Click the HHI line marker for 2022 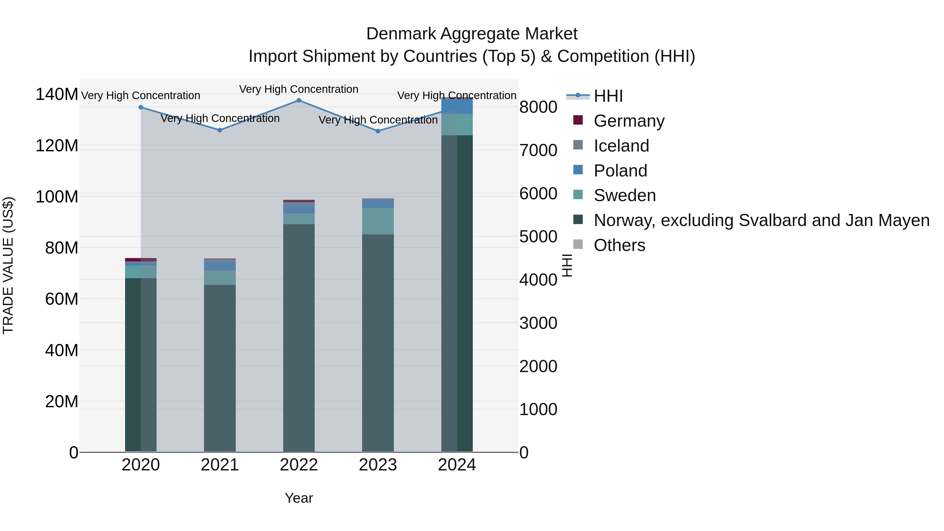[x=299, y=100]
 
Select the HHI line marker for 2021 [x=220, y=130]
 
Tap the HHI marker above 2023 [x=378, y=131]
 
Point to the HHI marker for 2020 [x=141, y=107]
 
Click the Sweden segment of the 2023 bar [x=378, y=221]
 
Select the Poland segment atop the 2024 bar [x=457, y=106]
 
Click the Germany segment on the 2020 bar [x=141, y=260]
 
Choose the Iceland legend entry [x=621, y=146]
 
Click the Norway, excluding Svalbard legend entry [x=761, y=220]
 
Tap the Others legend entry [x=619, y=245]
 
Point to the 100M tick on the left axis [x=57, y=197]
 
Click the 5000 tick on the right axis [x=538, y=237]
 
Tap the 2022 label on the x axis [x=299, y=465]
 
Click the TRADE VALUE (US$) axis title [x=8, y=265]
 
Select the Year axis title [x=299, y=498]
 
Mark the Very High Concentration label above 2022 [x=299, y=89]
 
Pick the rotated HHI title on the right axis [x=567, y=265]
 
